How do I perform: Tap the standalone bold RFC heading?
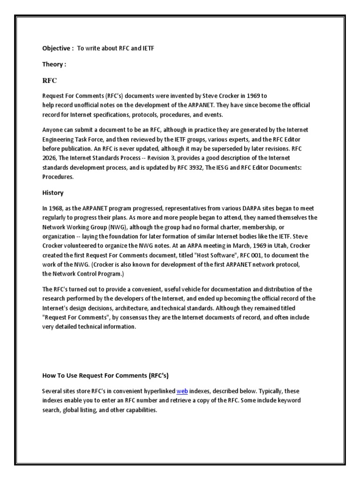(x=49, y=81)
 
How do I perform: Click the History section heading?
(x=53, y=193)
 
